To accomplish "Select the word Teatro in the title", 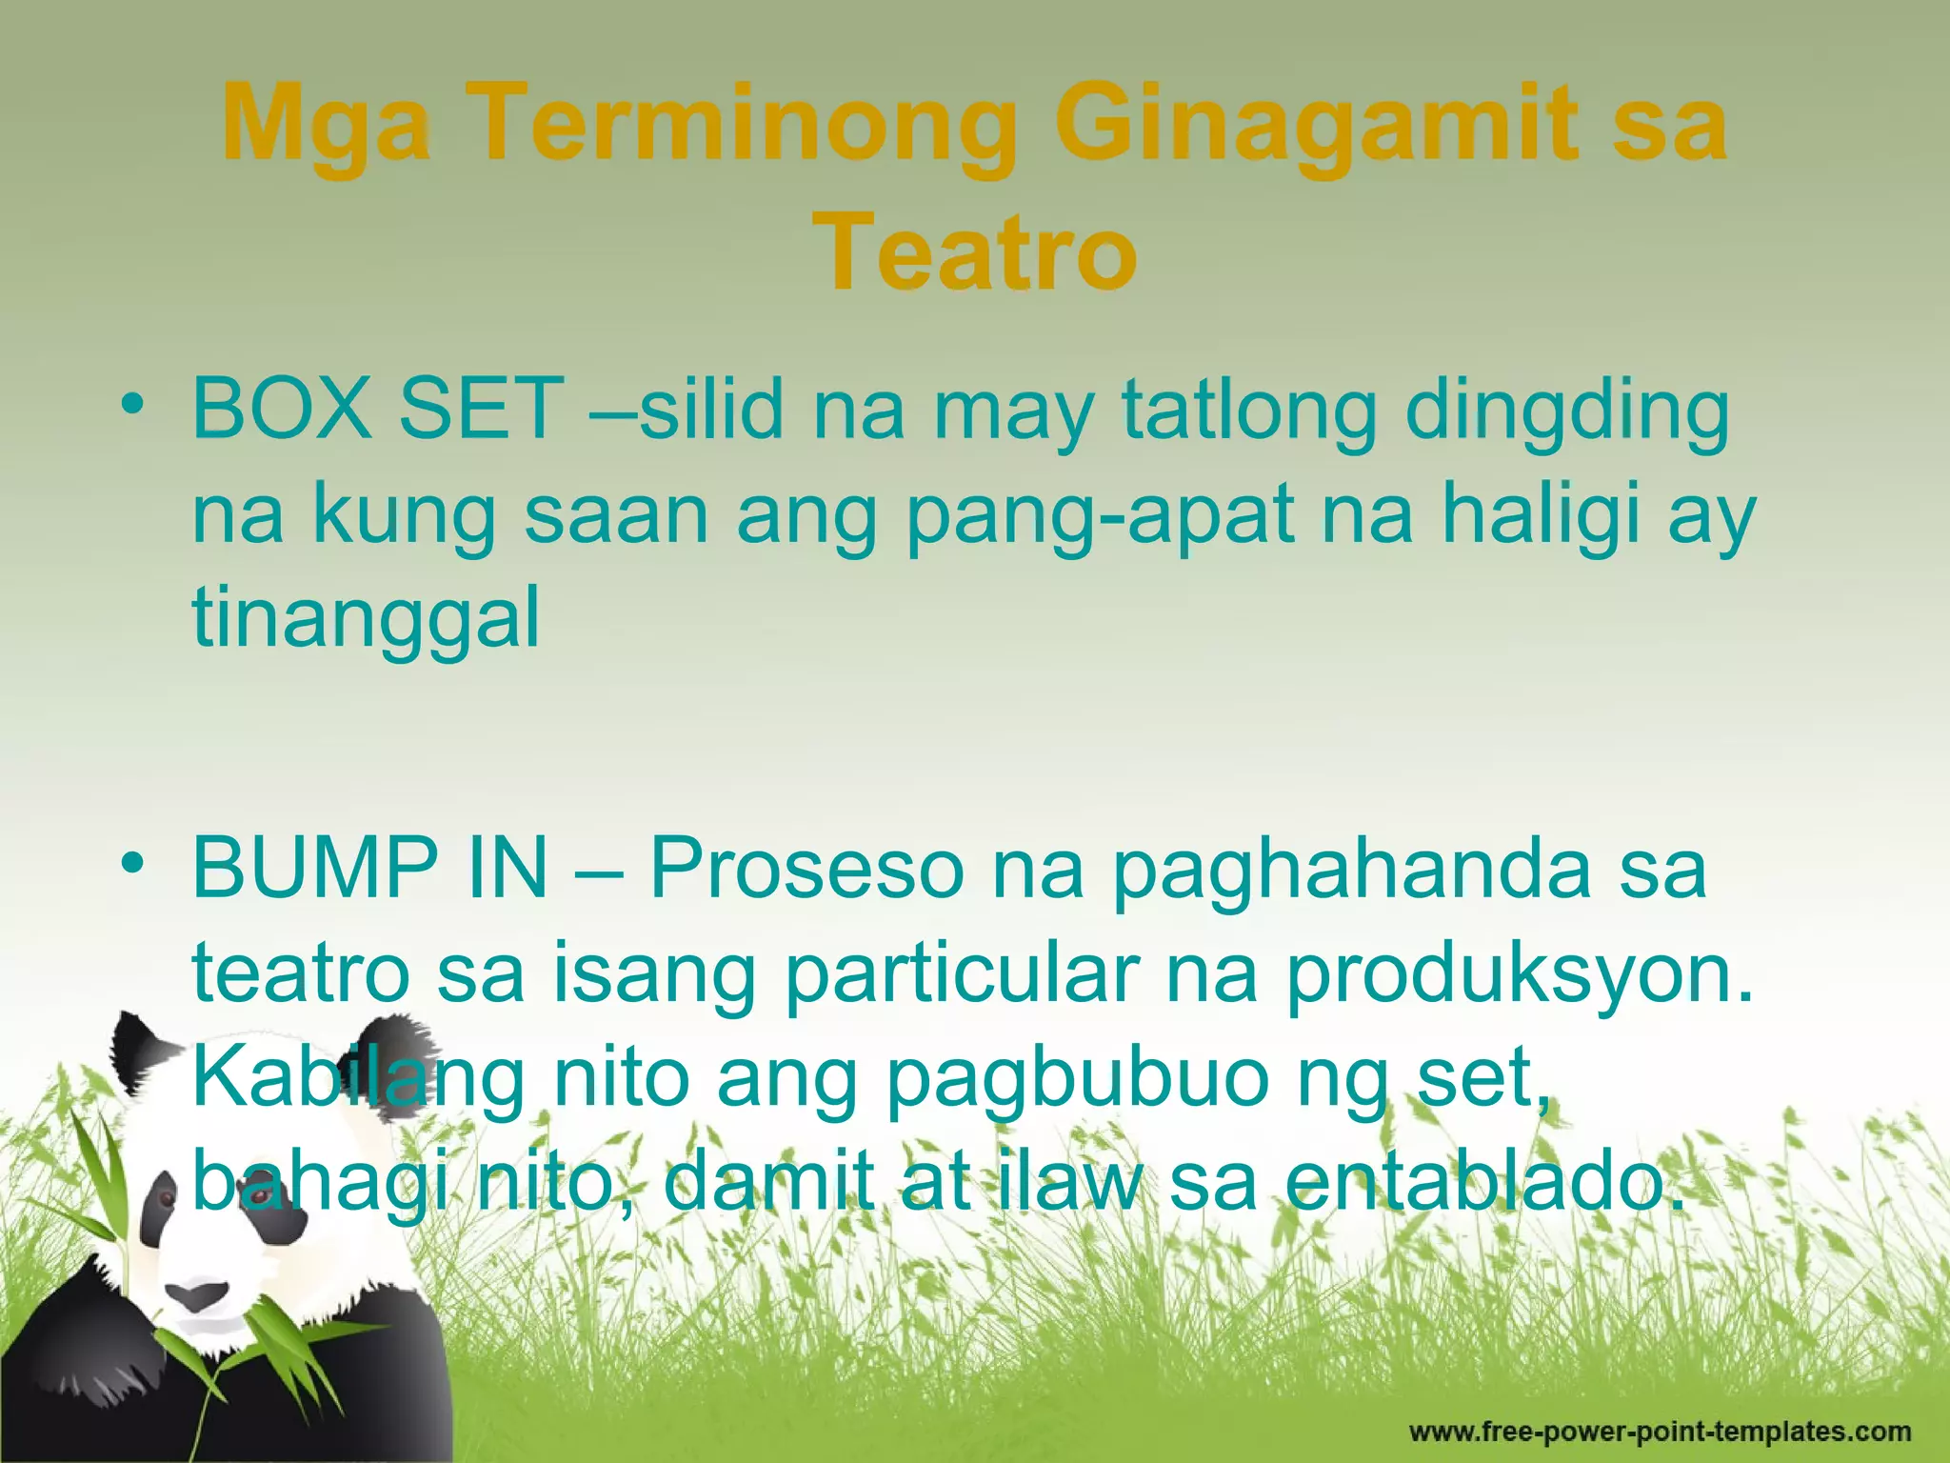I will point(975,253).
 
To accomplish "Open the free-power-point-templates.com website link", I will point(1660,1432).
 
